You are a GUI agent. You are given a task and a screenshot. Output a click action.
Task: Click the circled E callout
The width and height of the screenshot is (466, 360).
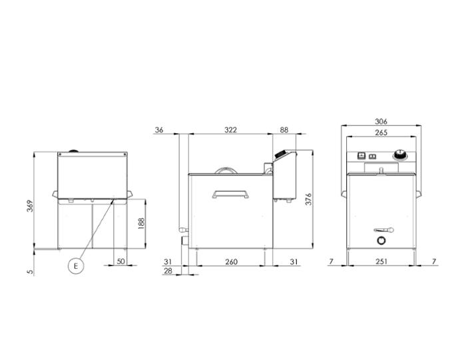coord(75,266)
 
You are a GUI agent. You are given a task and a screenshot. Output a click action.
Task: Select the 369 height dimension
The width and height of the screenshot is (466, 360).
coord(31,206)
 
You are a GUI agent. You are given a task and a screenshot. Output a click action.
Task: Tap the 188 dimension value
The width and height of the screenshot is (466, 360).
coord(141,224)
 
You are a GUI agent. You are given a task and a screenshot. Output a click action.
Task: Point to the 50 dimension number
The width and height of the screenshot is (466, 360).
coord(120,261)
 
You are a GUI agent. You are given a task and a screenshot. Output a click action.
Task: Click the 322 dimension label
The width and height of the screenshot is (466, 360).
coord(230,130)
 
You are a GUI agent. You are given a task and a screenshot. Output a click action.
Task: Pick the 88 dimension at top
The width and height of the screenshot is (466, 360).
coord(284,130)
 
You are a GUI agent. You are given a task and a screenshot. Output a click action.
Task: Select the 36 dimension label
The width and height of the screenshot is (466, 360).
coord(159,130)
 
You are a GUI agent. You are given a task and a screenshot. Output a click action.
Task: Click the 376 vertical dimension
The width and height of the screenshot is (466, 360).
coord(308,199)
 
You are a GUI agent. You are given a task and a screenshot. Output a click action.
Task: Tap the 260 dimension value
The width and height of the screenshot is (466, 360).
coord(231,262)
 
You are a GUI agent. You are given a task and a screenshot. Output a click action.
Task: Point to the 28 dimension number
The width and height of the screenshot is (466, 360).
coord(168,271)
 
